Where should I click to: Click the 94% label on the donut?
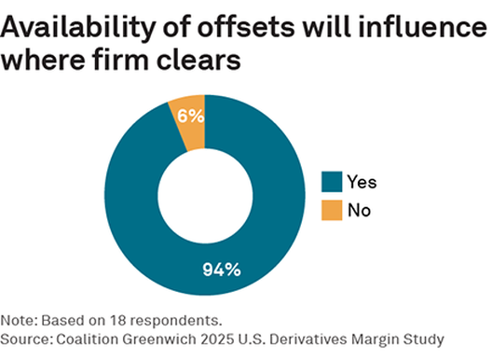(222, 270)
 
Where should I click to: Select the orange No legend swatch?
(332, 210)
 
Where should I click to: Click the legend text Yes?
(363, 182)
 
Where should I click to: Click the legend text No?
(360, 210)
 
